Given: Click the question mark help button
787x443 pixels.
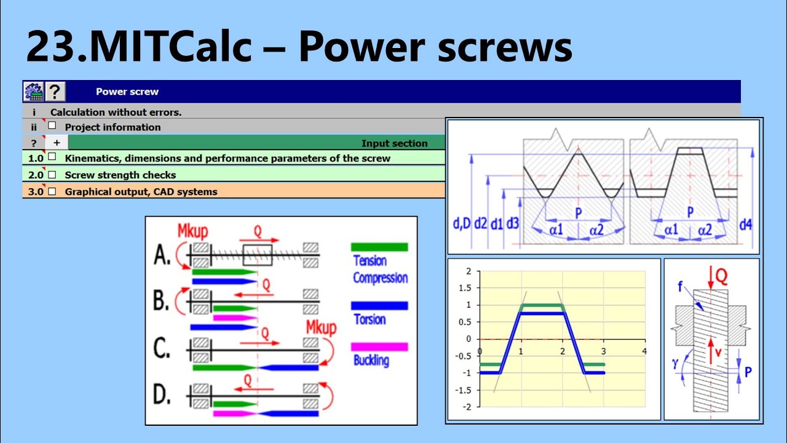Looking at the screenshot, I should point(55,92).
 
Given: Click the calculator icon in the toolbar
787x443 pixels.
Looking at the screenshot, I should point(33,92).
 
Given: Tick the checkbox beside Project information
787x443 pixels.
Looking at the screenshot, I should point(52,126).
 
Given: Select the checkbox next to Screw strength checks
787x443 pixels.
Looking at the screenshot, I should point(52,174).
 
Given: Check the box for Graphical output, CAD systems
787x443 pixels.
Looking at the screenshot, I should point(52,191).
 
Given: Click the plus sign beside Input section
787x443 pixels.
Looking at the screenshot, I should point(56,143).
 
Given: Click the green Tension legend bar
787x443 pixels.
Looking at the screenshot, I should point(379,247).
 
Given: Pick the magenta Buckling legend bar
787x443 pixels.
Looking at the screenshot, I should point(379,346).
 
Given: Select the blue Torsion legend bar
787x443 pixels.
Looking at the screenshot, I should point(379,305).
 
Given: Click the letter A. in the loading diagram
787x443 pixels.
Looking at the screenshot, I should point(162,255).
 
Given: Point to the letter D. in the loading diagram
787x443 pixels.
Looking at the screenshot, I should point(162,396).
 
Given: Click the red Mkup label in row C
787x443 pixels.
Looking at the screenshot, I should point(321,327).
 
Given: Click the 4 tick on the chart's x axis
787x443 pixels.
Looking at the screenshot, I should point(644,351).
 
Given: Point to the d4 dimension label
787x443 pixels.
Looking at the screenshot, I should point(745,225).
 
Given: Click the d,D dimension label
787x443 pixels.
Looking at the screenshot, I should point(461,225).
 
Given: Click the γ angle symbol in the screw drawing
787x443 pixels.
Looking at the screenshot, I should point(675,364).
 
